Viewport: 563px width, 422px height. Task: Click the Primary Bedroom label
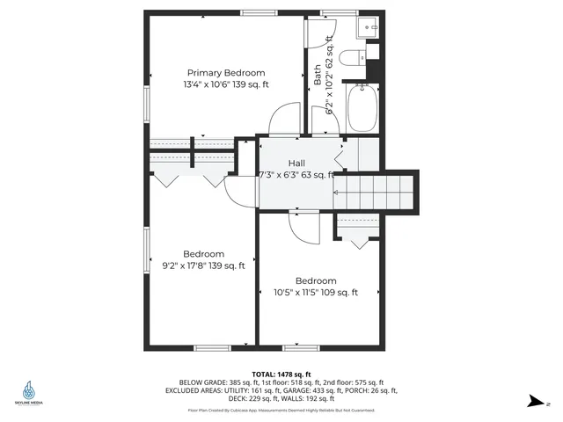226,73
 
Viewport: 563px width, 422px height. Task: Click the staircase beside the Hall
375,189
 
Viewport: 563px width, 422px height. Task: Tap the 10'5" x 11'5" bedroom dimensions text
316,293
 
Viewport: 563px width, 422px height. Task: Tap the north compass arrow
534,402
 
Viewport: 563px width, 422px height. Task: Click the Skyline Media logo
30,393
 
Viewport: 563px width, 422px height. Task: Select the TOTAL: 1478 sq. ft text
281,374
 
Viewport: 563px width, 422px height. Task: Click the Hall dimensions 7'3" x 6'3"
296,174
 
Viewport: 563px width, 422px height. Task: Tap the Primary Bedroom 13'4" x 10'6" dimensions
226,84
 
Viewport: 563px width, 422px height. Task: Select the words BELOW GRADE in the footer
199,382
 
